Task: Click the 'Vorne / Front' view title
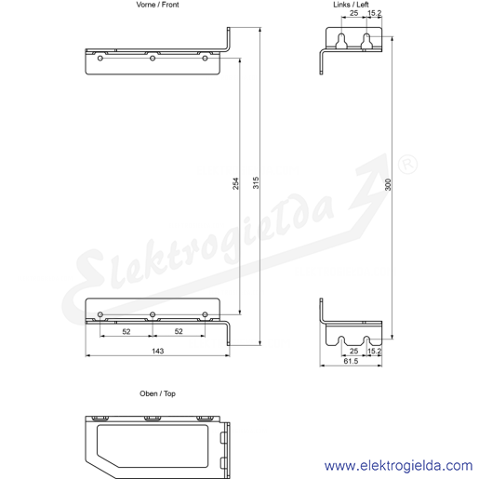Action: tap(157, 5)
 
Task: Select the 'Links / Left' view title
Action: tap(351, 5)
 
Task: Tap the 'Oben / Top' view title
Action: tap(157, 393)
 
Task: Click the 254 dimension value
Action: tap(236, 183)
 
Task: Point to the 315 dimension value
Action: tap(256, 183)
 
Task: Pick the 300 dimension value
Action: tap(388, 185)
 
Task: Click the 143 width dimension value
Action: tap(158, 351)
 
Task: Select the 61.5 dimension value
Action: tap(351, 361)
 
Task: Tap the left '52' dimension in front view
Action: tap(126, 332)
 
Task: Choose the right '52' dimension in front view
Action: tap(179, 331)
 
